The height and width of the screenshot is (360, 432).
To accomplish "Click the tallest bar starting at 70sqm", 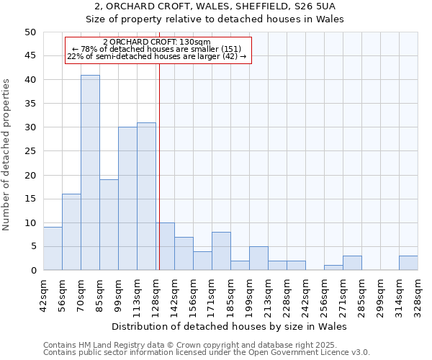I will pyautogui.click(x=90, y=173).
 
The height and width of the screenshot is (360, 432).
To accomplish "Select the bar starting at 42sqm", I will pyautogui.click(x=53, y=248).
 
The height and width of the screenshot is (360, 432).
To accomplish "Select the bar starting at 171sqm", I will pyautogui.click(x=221, y=251).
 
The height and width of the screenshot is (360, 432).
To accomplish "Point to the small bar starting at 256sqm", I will pyautogui.click(x=333, y=268).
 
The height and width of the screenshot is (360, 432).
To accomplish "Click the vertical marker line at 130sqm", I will pyautogui.click(x=159, y=180).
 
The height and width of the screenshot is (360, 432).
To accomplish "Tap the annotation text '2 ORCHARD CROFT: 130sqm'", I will pyautogui.click(x=157, y=42).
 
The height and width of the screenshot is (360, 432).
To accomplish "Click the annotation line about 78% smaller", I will pyautogui.click(x=157, y=49).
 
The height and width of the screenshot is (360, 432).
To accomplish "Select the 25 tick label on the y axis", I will pyautogui.click(x=30, y=151).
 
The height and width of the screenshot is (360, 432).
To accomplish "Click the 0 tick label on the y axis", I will pyautogui.click(x=32, y=271).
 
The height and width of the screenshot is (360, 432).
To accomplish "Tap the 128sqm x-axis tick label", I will pyautogui.click(x=156, y=292).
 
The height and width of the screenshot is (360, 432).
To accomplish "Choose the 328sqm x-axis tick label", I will pyautogui.click(x=418, y=292).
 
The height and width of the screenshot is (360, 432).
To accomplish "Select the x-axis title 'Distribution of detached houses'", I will pyautogui.click(x=230, y=326).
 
